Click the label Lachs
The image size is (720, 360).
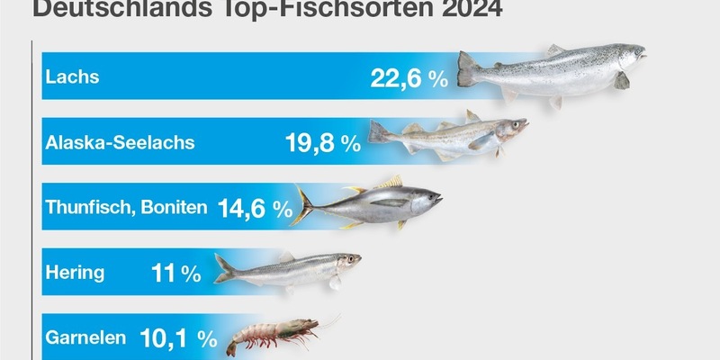coord(71,77)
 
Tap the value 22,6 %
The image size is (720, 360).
coord(409,78)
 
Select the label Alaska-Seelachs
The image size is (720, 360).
coord(119,141)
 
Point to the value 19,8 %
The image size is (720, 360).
coord(321,142)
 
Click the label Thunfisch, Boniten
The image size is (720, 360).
coord(126,208)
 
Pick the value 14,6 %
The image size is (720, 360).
coord(255,210)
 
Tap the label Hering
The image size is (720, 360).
coord(75,272)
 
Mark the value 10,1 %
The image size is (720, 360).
coord(178,338)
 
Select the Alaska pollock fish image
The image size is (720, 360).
coord(445,136)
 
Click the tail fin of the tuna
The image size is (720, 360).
coord(302,205)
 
